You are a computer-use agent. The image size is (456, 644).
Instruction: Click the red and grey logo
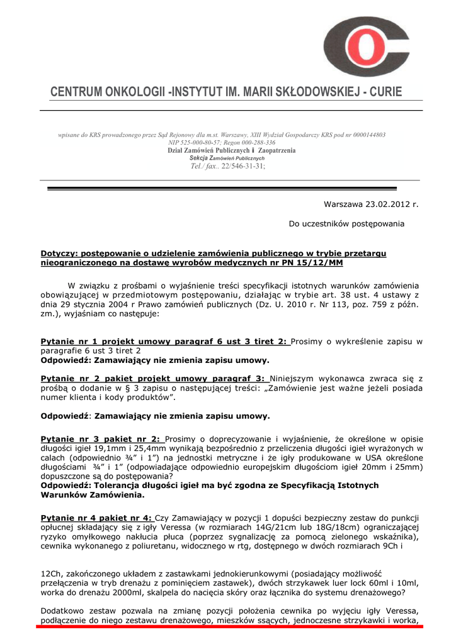(366, 47)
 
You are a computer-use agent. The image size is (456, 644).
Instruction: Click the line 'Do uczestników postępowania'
(346, 224)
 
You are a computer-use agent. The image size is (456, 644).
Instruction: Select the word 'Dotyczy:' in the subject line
(60, 253)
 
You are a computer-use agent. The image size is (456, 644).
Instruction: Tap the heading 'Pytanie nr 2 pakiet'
(89, 379)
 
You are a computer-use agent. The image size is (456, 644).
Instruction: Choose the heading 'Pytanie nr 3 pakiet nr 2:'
(100, 438)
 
